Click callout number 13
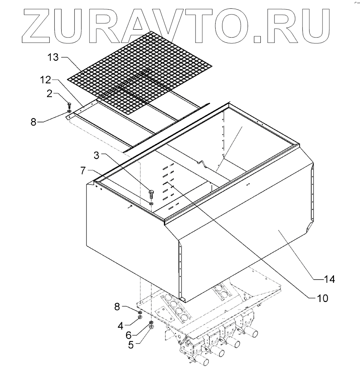click(52, 57)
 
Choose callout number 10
click(322, 298)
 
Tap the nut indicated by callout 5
click(152, 328)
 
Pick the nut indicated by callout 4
click(140, 317)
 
